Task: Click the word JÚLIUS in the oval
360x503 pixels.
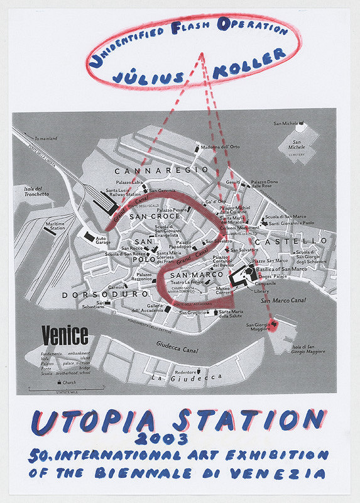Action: [x=148, y=76]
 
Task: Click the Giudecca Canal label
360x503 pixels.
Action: [x=182, y=345]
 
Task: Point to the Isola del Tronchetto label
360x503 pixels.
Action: [x=36, y=191]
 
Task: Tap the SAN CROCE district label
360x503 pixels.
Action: [x=155, y=217]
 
